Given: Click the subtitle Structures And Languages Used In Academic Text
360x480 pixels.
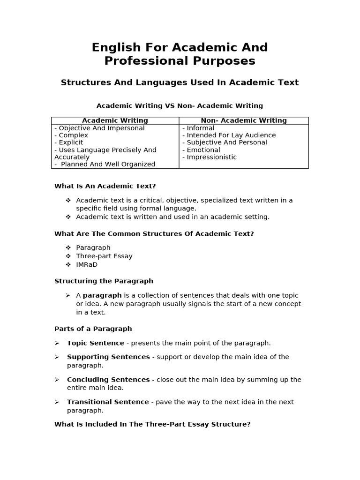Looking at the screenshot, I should (x=180, y=82).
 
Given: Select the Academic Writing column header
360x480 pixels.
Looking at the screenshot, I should (x=115, y=120).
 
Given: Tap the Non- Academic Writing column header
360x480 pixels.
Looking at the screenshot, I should (x=244, y=120).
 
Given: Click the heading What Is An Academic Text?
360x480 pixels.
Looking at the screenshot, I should (x=105, y=186).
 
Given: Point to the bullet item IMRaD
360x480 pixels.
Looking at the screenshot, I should (x=87, y=264).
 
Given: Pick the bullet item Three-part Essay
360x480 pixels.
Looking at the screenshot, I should (x=104, y=256).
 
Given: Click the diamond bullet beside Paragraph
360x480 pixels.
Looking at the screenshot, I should (x=68, y=247).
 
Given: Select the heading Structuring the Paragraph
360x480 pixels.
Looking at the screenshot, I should (x=104, y=281).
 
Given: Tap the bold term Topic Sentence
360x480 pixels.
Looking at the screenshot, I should (x=96, y=343).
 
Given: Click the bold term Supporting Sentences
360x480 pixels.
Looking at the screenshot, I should (x=108, y=357).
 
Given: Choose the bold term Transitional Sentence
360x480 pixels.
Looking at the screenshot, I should (x=108, y=402).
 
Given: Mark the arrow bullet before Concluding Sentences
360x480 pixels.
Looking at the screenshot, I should (x=57, y=380).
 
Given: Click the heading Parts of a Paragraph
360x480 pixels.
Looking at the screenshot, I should (x=93, y=329).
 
